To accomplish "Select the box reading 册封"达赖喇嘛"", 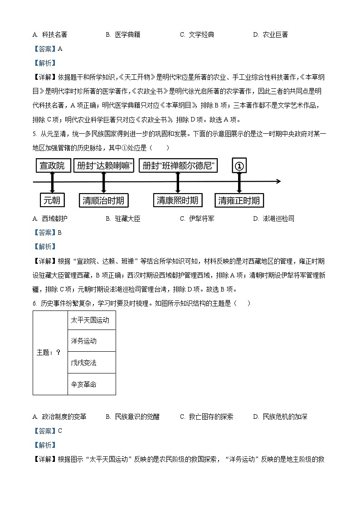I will coord(104,166).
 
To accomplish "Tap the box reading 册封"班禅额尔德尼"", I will coord(178,166).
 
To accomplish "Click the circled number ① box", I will coord(239,166).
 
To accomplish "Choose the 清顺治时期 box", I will coord(104,200).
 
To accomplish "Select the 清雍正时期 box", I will coord(239,200).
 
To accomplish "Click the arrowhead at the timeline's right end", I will coord(278,182).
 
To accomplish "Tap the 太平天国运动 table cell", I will coord(91,320).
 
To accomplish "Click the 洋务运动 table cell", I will coord(91,341).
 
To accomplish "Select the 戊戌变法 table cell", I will coord(91,363).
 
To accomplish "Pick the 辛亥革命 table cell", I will coord(91,384).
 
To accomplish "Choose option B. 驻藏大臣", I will coord(123,218).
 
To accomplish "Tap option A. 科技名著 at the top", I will coord(50,34).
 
